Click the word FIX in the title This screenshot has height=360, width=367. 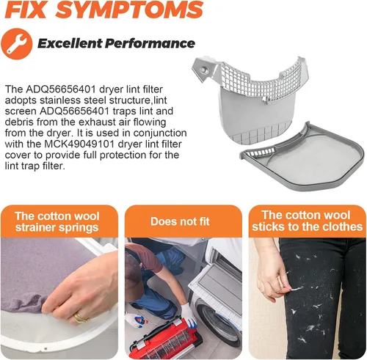[25, 10]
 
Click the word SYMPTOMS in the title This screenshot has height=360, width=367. [129, 10]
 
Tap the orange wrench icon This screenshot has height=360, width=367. [17, 44]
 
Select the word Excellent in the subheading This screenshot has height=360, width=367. [70, 43]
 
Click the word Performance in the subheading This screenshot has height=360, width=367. [150, 43]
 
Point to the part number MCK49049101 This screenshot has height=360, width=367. [80, 144]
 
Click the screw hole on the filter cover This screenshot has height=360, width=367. [203, 70]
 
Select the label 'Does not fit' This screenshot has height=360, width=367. [180, 221]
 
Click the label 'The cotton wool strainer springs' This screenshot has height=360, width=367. [57, 222]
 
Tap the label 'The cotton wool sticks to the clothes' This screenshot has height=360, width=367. [307, 221]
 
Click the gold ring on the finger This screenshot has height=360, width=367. [81, 317]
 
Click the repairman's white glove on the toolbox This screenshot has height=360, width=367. [189, 315]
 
